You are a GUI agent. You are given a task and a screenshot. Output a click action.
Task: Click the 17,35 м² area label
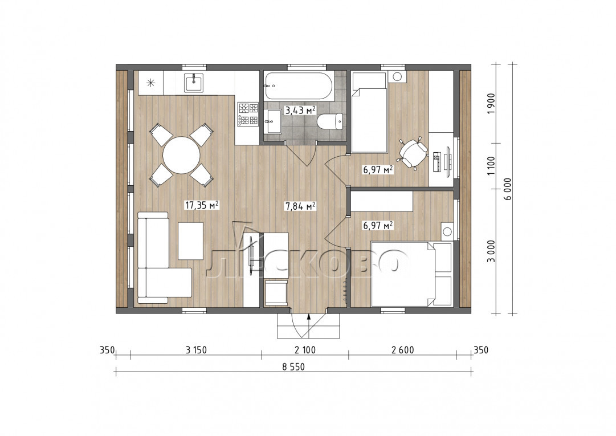[202, 205]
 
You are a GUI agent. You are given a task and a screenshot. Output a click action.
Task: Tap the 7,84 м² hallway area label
[300, 206]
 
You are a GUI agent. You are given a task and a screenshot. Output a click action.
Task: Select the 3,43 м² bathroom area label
[300, 111]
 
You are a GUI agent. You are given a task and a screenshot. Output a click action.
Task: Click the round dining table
[181, 155]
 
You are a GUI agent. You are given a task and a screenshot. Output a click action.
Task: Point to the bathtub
[299, 85]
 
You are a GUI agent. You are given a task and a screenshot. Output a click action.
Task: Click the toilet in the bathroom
[330, 121]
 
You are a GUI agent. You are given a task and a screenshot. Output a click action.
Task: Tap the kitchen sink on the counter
[194, 83]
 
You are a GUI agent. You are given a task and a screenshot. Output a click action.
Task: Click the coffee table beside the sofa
[190, 241]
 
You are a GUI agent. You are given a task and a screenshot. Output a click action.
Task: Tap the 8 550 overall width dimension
[293, 367]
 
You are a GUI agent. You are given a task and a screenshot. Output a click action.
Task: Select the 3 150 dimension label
[196, 349]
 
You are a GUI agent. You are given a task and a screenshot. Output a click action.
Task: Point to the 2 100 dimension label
[305, 349]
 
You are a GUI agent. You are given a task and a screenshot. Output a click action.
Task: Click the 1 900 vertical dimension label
[491, 104]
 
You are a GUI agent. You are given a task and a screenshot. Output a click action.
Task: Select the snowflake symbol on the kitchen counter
[150, 83]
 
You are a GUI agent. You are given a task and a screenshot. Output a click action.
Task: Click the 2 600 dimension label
[403, 349]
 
